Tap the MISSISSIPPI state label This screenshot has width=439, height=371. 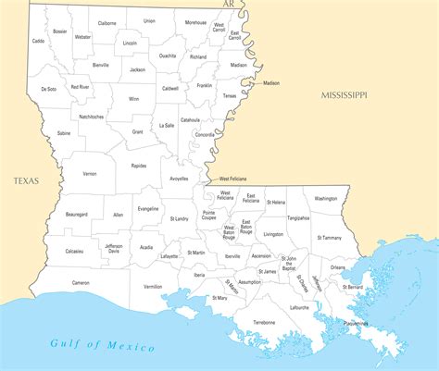pos(345,95)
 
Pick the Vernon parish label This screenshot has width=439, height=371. pos(90,173)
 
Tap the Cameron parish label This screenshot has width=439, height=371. pos(81,282)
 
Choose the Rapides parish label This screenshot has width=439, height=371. pos(139,166)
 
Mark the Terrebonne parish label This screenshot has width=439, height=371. pos(264,322)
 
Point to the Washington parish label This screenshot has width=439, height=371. pos(326,198)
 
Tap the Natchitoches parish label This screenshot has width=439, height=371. pos(91,117)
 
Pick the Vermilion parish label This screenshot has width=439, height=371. pos(153,286)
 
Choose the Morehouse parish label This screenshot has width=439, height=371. pos(196,22)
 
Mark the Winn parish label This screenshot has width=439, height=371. pos(134,98)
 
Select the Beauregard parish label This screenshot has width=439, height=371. pos(77,214)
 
